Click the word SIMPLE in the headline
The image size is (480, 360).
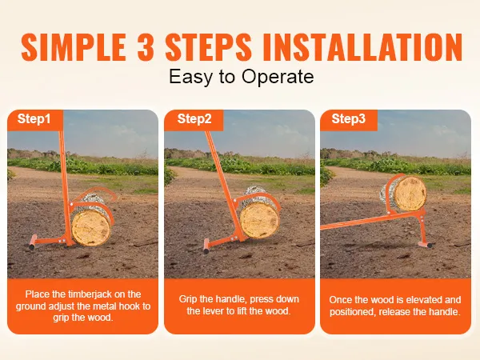tap(74, 47)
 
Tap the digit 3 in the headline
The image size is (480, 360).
tap(146, 47)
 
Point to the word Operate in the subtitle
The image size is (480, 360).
tap(278, 77)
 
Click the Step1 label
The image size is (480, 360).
tap(34, 118)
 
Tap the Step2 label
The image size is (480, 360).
tap(194, 118)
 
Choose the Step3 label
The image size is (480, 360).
tap(348, 118)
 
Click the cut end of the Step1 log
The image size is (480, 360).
tap(91, 227)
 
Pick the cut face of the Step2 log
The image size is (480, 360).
tap(259, 220)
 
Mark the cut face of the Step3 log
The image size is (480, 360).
tap(410, 194)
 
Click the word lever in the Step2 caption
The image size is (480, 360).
tap(214, 311)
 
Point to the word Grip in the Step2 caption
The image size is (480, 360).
tap(188, 299)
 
